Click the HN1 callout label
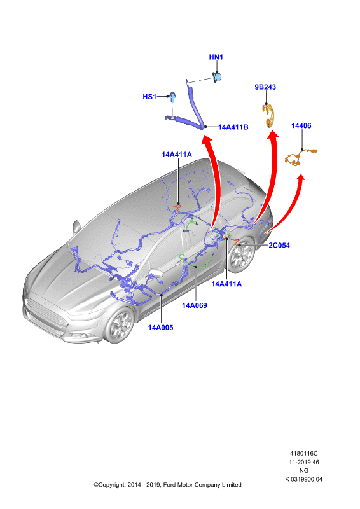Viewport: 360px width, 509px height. (x=216, y=57)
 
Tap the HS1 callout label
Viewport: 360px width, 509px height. (x=149, y=97)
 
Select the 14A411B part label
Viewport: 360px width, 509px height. (x=233, y=127)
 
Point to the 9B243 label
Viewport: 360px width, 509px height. (x=265, y=87)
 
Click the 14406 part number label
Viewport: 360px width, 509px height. (x=301, y=125)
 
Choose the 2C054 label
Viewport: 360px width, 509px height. (x=279, y=245)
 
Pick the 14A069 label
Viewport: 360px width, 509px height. (x=195, y=305)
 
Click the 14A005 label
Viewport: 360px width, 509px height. (x=161, y=328)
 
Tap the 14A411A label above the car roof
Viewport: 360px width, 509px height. (x=177, y=155)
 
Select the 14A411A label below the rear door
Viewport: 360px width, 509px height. (x=226, y=284)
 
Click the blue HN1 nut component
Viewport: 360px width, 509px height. (x=217, y=77)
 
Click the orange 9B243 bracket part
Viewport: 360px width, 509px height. (x=270, y=115)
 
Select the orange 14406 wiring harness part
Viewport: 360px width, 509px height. (x=300, y=157)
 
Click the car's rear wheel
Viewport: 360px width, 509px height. (x=242, y=255)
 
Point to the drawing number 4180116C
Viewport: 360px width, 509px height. (x=304, y=453)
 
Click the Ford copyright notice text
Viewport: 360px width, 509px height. (x=167, y=485)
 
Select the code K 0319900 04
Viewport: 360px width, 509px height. (x=304, y=479)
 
